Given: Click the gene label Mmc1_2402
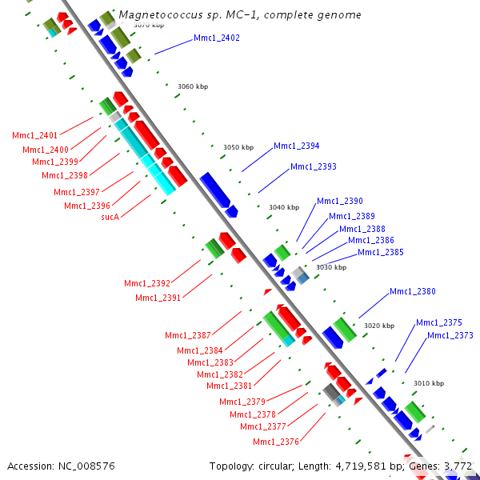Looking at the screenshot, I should point(216,38).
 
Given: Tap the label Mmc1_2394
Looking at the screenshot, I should point(296,146).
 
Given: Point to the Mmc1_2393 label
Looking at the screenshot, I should point(313,167).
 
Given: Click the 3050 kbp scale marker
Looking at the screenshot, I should point(238,147).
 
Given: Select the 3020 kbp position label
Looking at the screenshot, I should point(379,326).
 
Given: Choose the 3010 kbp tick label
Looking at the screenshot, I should point(428,384).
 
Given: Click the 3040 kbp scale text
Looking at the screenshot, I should point(284,207).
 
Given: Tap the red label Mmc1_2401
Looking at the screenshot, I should point(34,136).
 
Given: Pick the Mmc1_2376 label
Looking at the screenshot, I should point(275,442).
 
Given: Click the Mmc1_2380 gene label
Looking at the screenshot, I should point(412,291).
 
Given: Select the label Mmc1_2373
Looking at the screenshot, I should point(450,335).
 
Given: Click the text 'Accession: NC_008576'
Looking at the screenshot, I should point(62,466).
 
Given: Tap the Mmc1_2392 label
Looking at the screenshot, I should point(146,283).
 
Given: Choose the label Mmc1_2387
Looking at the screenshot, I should point(188,335).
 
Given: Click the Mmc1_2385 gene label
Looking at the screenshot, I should point(380,252).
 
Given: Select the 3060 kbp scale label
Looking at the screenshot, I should point(192,86).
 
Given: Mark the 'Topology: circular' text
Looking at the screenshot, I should point(246,466).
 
